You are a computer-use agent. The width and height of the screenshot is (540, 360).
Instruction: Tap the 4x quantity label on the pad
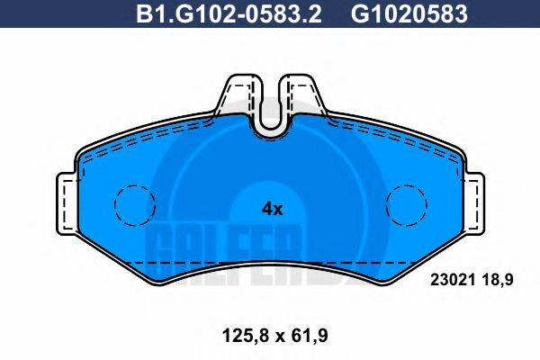click(272, 209)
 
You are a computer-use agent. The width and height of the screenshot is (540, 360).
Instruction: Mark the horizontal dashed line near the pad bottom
click(270, 262)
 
